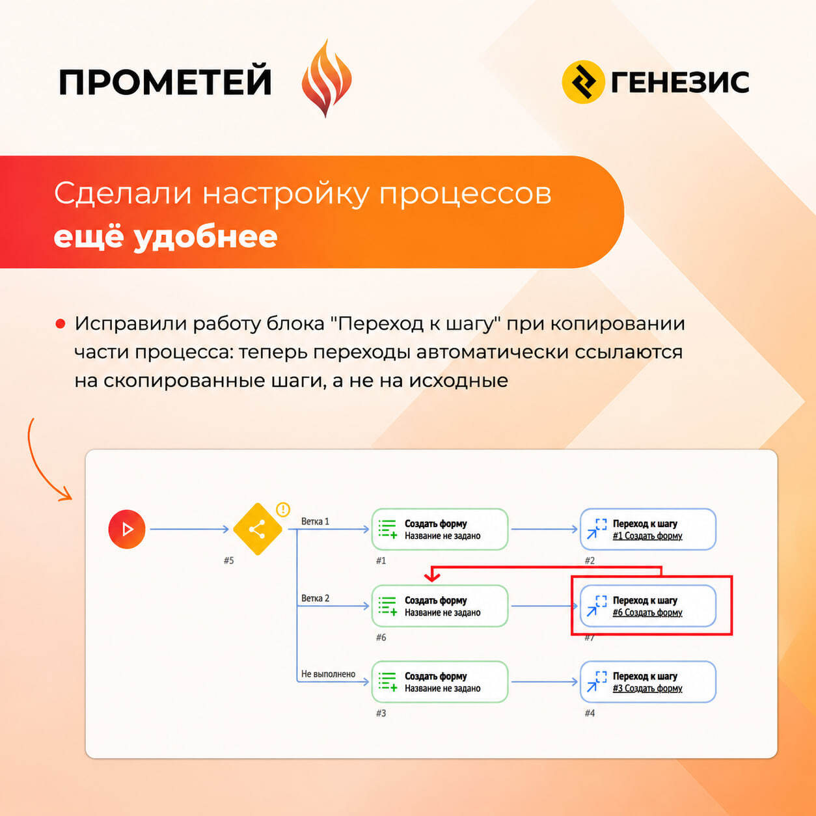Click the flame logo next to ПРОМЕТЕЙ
tap(327, 78)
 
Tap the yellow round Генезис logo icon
tap(582, 82)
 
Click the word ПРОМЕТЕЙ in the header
tap(165, 82)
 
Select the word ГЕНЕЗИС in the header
tap(680, 82)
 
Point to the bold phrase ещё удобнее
tap(165, 237)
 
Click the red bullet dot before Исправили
tap(60, 324)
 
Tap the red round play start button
tap(127, 529)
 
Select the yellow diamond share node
tap(258, 529)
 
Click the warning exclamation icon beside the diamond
tap(283, 509)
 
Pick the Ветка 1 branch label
tap(315, 521)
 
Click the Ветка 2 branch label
tap(315, 599)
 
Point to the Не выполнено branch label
tap(328, 673)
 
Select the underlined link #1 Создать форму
tap(647, 536)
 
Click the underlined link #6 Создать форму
tap(647, 612)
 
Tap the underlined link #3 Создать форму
tap(647, 688)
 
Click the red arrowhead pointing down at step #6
tap(432, 577)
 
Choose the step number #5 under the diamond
tap(228, 561)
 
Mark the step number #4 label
tap(590, 713)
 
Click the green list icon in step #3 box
tap(387, 682)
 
